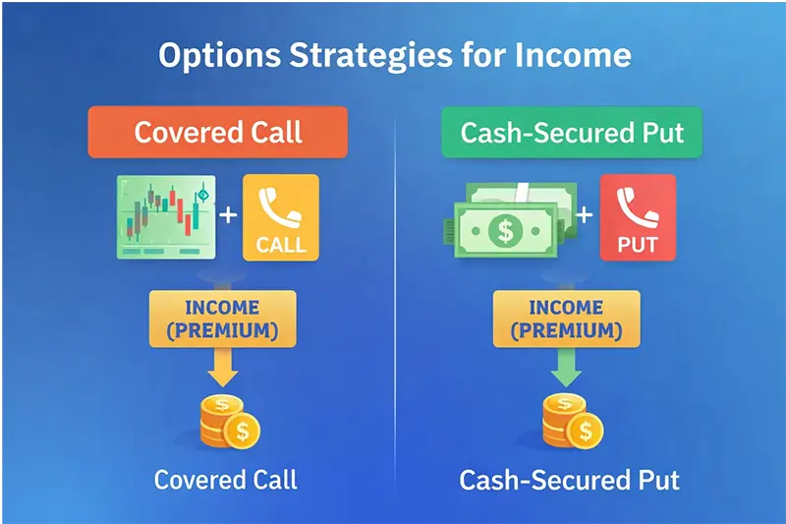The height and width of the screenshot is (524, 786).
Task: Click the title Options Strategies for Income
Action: click(x=394, y=56)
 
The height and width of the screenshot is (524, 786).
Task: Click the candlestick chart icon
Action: click(x=164, y=217)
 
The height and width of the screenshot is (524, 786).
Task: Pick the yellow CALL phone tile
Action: click(x=280, y=217)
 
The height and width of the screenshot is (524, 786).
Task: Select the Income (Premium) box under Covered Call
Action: click(x=222, y=320)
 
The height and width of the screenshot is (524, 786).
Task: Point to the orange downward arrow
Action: click(x=222, y=368)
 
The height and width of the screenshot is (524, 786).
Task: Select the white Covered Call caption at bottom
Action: click(x=225, y=480)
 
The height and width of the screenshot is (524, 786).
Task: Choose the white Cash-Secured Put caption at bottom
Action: click(x=569, y=481)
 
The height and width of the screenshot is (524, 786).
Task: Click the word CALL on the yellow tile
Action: click(x=281, y=243)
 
